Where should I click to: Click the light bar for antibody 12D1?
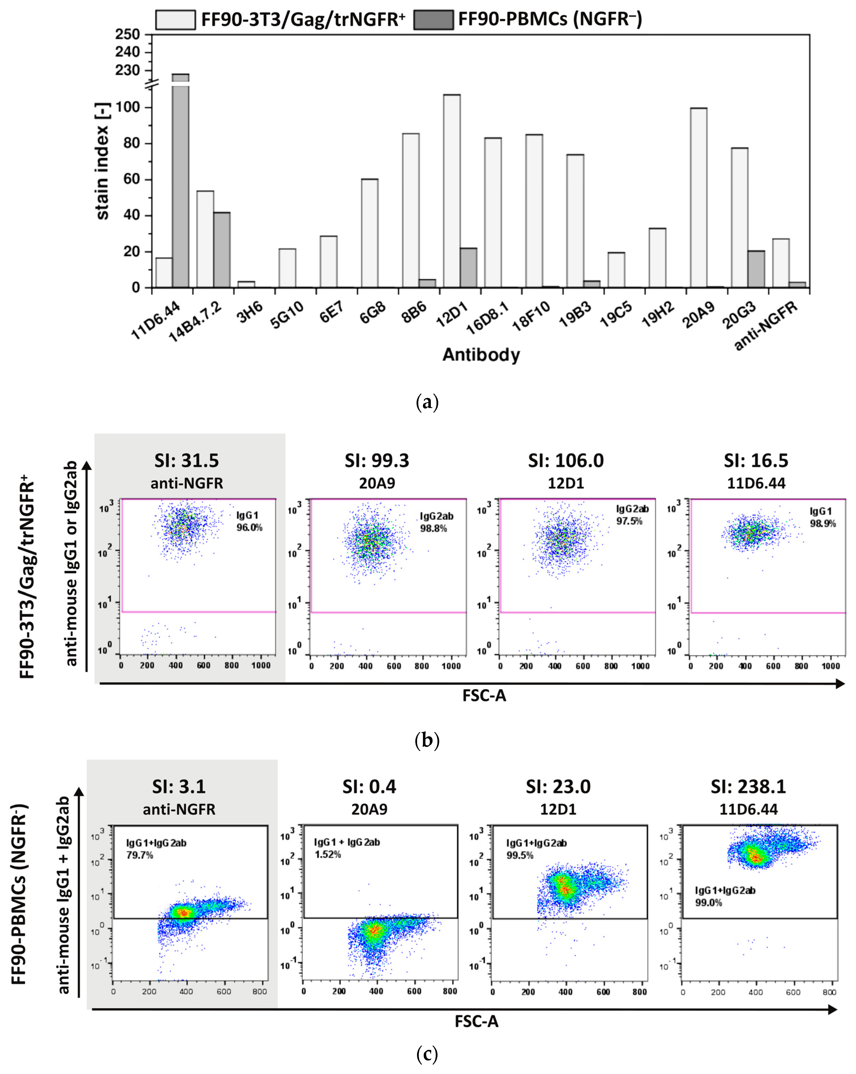click(452, 191)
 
